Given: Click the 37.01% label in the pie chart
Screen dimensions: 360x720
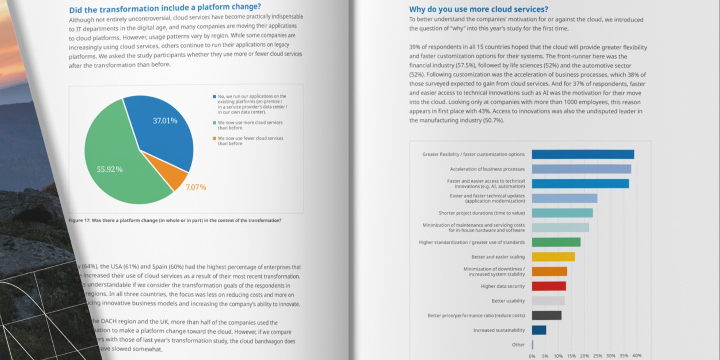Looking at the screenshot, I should (x=165, y=121).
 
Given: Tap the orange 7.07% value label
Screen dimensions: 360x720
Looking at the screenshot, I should (x=196, y=187).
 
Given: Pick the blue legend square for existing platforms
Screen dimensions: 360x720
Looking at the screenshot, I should (x=215, y=96).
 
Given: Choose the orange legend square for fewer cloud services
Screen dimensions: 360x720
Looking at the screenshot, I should (x=215, y=138).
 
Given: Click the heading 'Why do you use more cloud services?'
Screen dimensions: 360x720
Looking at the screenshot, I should (x=478, y=9).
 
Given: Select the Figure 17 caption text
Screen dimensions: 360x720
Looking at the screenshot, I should (x=175, y=220).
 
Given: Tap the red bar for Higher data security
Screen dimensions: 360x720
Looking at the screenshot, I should (x=549, y=286).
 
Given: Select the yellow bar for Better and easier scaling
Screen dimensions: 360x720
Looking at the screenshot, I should (x=553, y=257).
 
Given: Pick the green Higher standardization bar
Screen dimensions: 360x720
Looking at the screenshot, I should (x=556, y=242).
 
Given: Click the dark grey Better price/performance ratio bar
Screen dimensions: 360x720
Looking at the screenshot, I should (x=546, y=315).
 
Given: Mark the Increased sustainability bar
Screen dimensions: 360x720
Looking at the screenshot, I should (x=539, y=330).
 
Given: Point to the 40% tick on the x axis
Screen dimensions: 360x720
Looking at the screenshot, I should (x=636, y=356).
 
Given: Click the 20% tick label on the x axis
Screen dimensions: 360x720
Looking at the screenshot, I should (x=584, y=356).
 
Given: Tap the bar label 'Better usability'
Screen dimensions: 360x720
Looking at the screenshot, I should (x=508, y=301).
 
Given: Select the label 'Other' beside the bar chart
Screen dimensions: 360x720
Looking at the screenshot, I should (x=518, y=345).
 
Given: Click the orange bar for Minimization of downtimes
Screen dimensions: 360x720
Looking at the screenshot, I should (x=549, y=271).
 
